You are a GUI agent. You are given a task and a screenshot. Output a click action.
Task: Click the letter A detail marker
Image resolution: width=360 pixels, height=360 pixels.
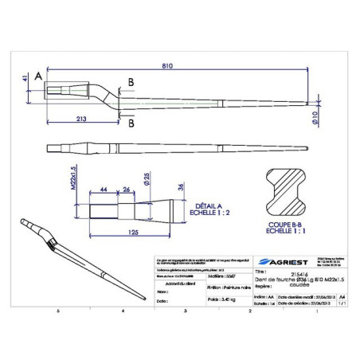coord(37,76)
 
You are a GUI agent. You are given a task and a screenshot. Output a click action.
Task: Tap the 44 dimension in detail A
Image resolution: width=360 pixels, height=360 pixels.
coord(104,190)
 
